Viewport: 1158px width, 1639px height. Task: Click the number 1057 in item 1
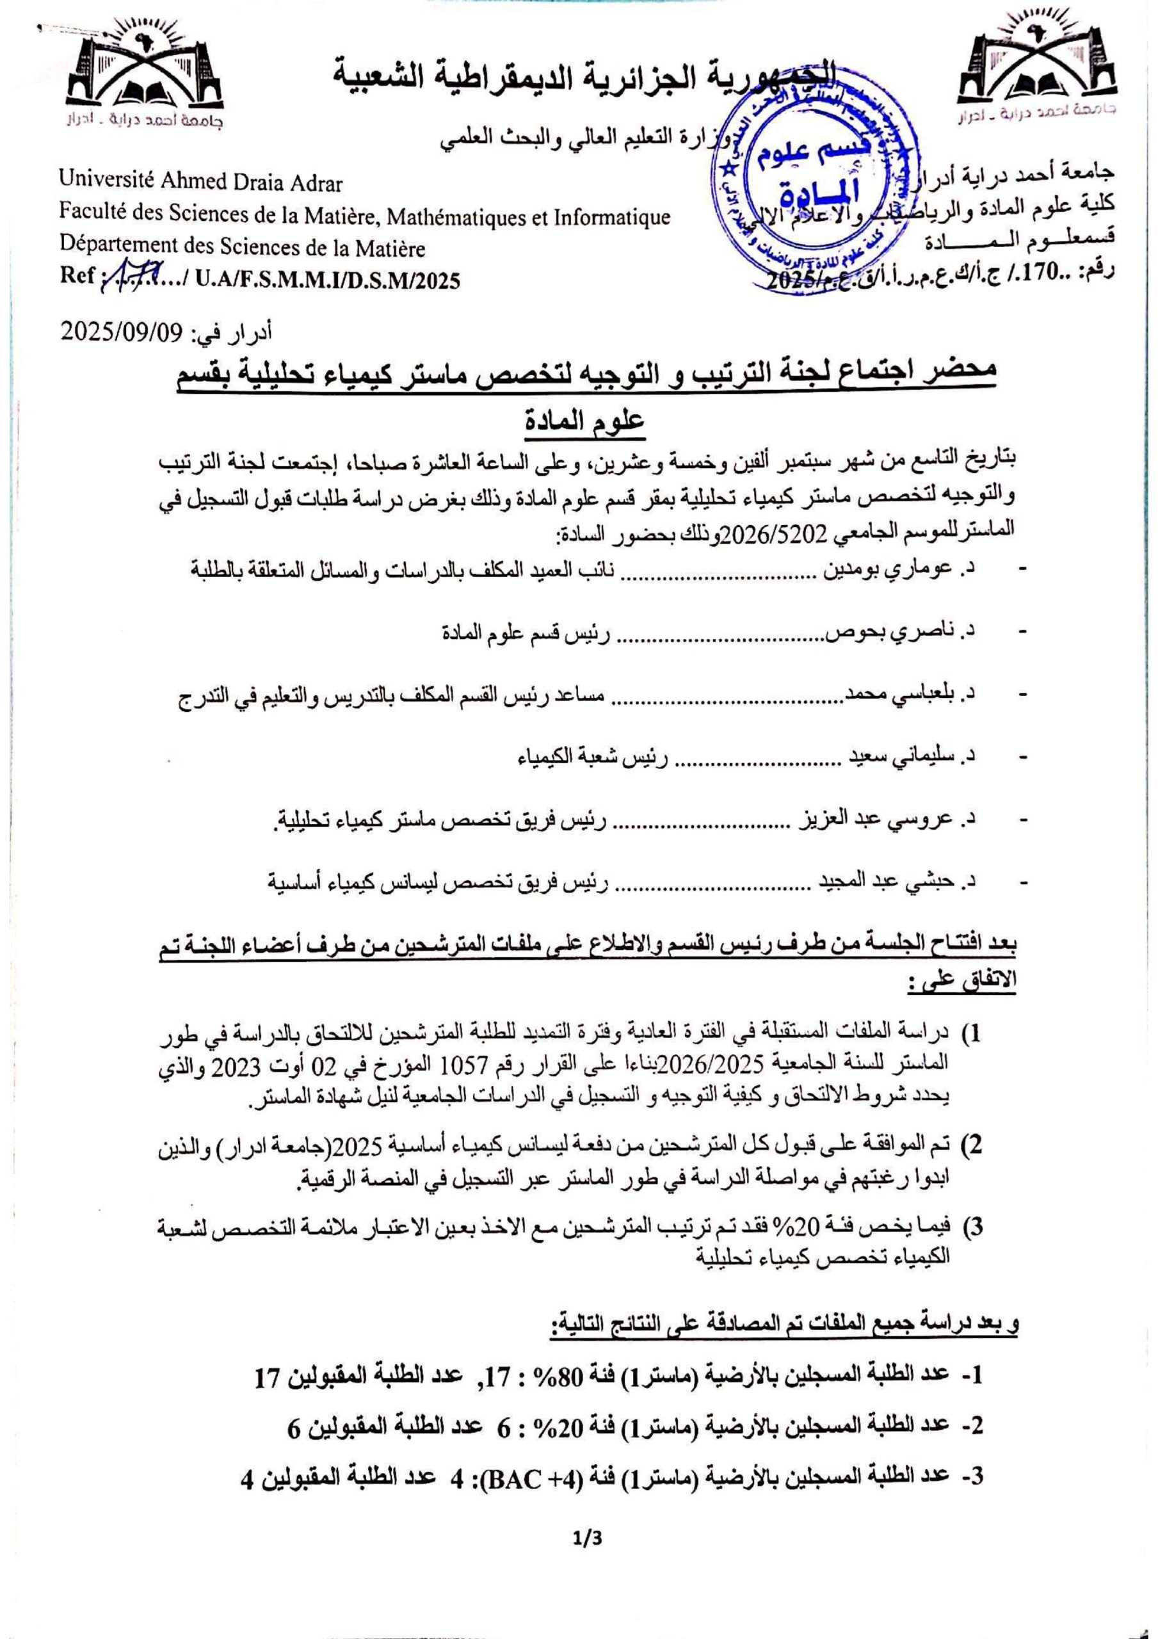[x=466, y=1063]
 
